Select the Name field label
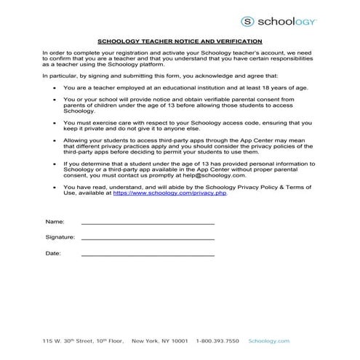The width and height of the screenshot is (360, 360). (x=55, y=220)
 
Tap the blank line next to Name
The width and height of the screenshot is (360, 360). (x=148, y=223)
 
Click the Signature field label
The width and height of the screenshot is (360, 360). (x=60, y=237)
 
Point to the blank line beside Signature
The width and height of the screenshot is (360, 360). (x=148, y=239)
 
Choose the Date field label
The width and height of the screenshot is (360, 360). (x=53, y=253)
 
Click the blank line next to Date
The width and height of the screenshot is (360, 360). (x=148, y=255)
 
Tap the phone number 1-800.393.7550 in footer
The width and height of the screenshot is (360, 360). (x=218, y=340)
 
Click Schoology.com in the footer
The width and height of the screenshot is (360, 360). (x=269, y=340)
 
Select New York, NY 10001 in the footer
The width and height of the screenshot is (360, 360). (x=159, y=340)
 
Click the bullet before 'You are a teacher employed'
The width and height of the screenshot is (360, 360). (x=57, y=86)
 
